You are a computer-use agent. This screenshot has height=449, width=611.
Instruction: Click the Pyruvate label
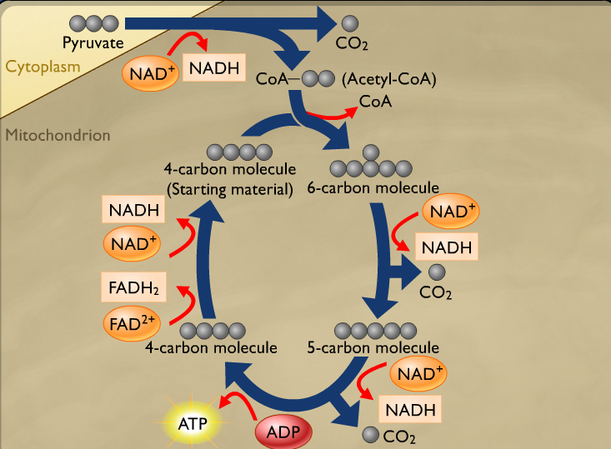93,42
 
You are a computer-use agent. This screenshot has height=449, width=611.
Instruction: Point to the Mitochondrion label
58,134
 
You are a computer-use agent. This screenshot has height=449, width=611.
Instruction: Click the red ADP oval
283,433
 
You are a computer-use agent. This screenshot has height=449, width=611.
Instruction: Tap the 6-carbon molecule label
373,187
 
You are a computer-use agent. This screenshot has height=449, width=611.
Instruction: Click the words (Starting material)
229,189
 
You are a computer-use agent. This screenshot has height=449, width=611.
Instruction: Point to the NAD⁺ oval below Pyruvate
150,73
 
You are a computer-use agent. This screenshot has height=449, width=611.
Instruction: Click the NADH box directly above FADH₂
133,210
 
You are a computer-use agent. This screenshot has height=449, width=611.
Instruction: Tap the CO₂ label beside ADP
398,436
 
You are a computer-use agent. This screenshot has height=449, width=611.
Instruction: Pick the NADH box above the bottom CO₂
409,409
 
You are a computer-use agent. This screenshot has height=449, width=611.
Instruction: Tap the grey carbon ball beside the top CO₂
350,22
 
